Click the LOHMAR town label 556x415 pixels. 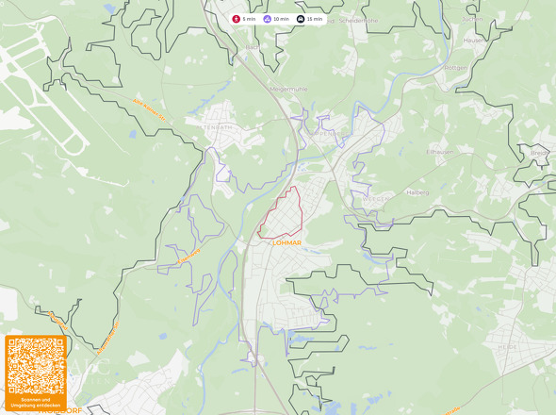286,242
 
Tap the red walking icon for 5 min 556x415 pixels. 237,19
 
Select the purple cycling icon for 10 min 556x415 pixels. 268,19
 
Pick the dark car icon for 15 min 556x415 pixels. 301,19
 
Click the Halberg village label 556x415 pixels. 417,192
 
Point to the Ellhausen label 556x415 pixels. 440,151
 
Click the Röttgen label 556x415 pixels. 456,68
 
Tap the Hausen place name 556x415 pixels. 474,41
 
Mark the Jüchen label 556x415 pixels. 472,18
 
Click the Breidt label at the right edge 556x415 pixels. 539,152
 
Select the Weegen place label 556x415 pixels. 374,200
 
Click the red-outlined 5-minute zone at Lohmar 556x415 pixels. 284,213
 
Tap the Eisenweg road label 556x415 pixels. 189,254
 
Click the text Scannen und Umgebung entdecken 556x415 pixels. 36,403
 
